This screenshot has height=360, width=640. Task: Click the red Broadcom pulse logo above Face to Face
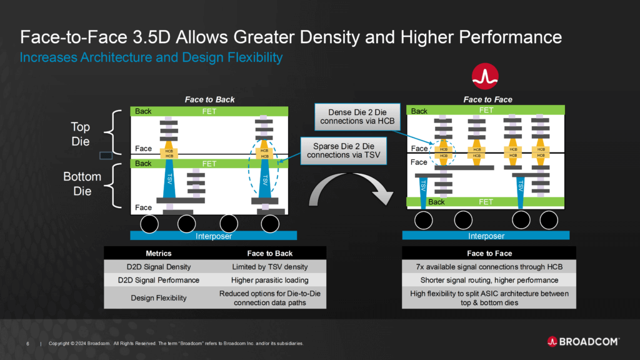[485, 76]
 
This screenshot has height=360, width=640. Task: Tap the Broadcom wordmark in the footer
[583, 342]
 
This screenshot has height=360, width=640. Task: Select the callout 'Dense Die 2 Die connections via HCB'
[357, 116]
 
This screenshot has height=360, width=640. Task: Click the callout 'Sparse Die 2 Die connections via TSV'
[344, 151]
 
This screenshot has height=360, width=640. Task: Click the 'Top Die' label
[81, 134]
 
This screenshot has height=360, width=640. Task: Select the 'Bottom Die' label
[82, 184]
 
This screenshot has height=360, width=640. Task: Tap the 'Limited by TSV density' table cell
[270, 267]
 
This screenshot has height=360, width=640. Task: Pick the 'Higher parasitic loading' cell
[270, 281]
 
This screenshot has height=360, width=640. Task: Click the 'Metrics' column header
[159, 254]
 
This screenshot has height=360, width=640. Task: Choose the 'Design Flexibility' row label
[159, 298]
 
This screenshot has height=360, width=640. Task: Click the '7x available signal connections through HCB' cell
[489, 267]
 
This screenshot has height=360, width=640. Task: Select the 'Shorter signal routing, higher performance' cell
[489, 281]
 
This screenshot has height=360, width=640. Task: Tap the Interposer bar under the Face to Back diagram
[214, 236]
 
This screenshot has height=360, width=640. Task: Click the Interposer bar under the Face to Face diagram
[486, 236]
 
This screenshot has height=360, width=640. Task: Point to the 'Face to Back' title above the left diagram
[210, 99]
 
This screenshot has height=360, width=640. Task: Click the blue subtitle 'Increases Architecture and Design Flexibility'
[151, 57]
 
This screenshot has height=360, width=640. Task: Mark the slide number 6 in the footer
[27, 344]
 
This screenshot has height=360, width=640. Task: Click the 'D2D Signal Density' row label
[159, 267]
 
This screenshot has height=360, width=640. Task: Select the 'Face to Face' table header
[489, 254]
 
